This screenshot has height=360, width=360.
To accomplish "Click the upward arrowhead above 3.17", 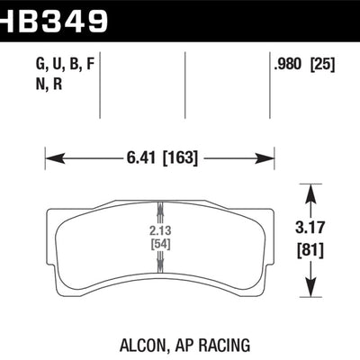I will pos(310,190).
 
